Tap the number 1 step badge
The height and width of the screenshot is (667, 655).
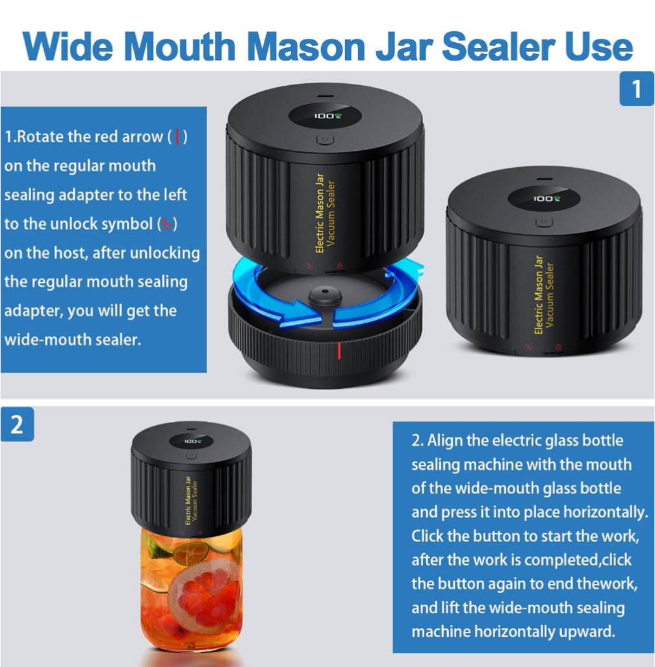[x=636, y=88]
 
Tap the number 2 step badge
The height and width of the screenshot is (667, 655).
[x=17, y=424]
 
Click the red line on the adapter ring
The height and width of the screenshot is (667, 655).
[x=338, y=352]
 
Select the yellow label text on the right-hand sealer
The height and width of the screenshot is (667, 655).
[x=544, y=294]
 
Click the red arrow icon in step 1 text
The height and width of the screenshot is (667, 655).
[x=177, y=137]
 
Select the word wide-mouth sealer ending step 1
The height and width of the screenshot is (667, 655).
[x=72, y=339]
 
